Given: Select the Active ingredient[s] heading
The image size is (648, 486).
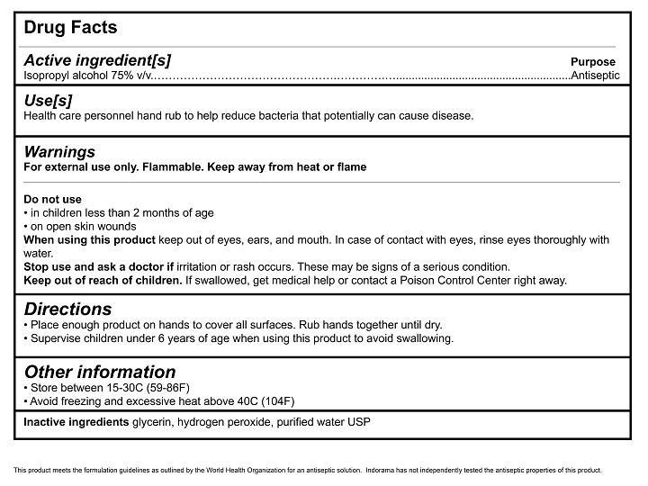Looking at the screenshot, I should pyautogui.click(x=97, y=60).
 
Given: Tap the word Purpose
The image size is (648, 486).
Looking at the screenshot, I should pyautogui.click(x=593, y=62).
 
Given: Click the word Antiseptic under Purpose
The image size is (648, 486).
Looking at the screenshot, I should pyautogui.click(x=596, y=76).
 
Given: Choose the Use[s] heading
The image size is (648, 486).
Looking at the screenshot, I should pyautogui.click(x=48, y=101).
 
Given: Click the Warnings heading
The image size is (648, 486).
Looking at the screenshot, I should pyautogui.click(x=59, y=151).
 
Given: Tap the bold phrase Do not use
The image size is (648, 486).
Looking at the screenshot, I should pyautogui.click(x=52, y=199).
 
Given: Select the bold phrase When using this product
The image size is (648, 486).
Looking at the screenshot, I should pyautogui.click(x=89, y=240).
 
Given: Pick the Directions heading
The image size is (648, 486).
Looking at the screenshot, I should pyautogui.click(x=68, y=308).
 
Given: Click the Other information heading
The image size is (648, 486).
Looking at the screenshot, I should pyautogui.click(x=100, y=372).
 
